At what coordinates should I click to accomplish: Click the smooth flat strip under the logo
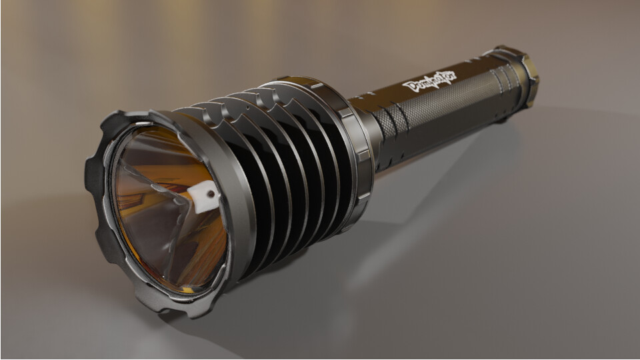click(x=433, y=97)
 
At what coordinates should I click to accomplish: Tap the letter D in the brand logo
click(x=409, y=86)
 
